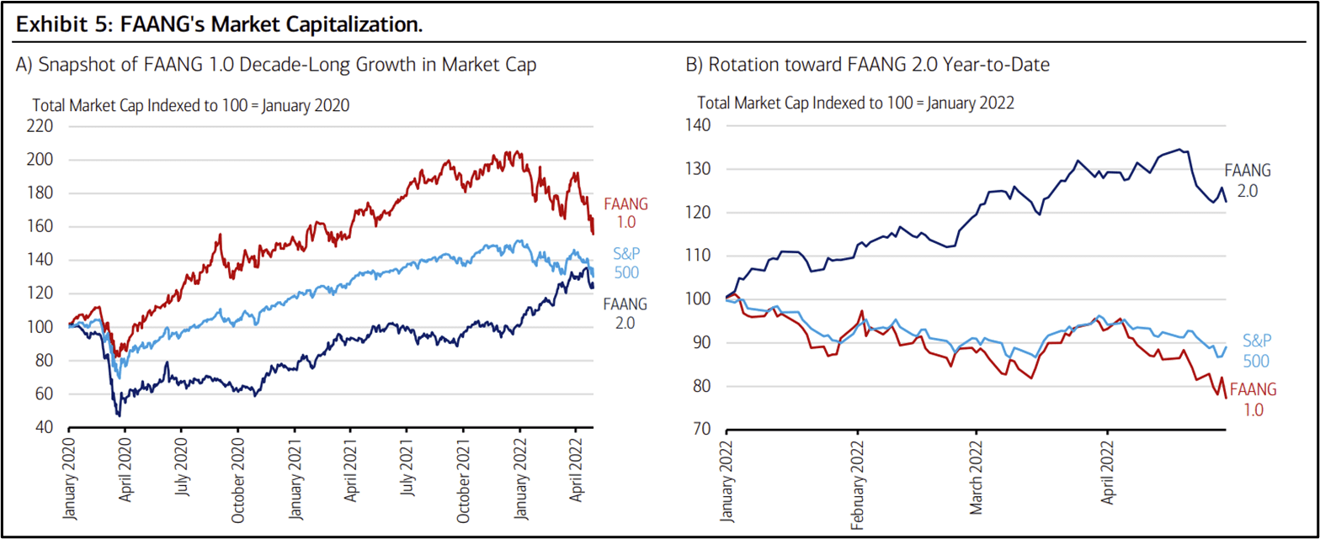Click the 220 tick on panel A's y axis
click(x=41, y=126)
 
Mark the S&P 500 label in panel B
click(x=1256, y=350)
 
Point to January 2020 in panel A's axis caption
click(x=307, y=106)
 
